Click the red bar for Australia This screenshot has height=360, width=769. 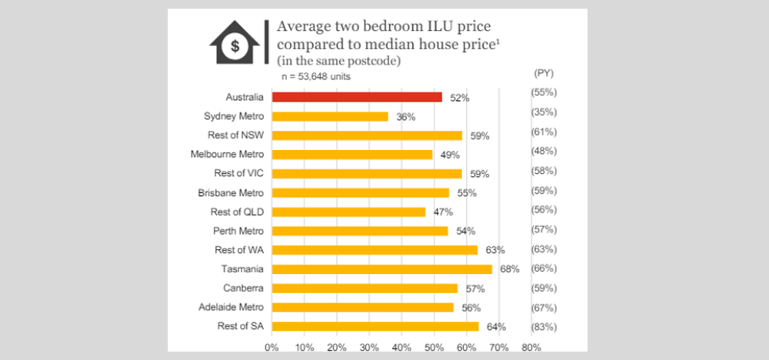[356, 97]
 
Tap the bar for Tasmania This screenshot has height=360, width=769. [381, 269]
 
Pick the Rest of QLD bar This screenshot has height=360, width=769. [348, 212]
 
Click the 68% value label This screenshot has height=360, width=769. [510, 269]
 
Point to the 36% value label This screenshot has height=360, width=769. [405, 117]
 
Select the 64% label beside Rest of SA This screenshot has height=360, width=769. [498, 327]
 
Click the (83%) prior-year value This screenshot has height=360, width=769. [544, 327]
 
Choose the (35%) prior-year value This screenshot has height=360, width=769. [544, 112]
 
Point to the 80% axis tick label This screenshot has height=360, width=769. [531, 348]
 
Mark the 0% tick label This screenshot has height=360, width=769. [271, 348]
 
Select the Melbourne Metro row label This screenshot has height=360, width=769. [227, 154]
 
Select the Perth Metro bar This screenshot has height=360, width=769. [359, 231]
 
